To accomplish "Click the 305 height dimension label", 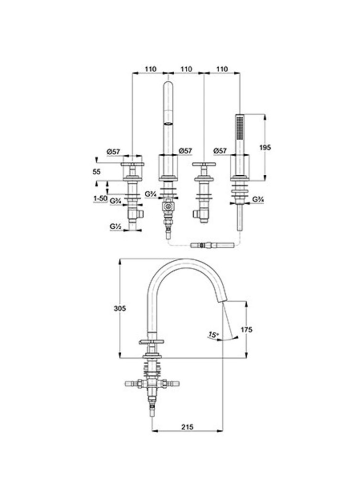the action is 120,308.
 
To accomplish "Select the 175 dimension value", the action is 247,330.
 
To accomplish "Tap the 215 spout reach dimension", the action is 187,427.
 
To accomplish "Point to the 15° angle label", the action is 213,335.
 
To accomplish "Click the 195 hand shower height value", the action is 265,147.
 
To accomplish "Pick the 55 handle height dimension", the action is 97,171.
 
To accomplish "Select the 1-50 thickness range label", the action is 100,199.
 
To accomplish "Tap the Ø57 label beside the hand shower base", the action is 220,151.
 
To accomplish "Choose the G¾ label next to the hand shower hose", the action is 258,199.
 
